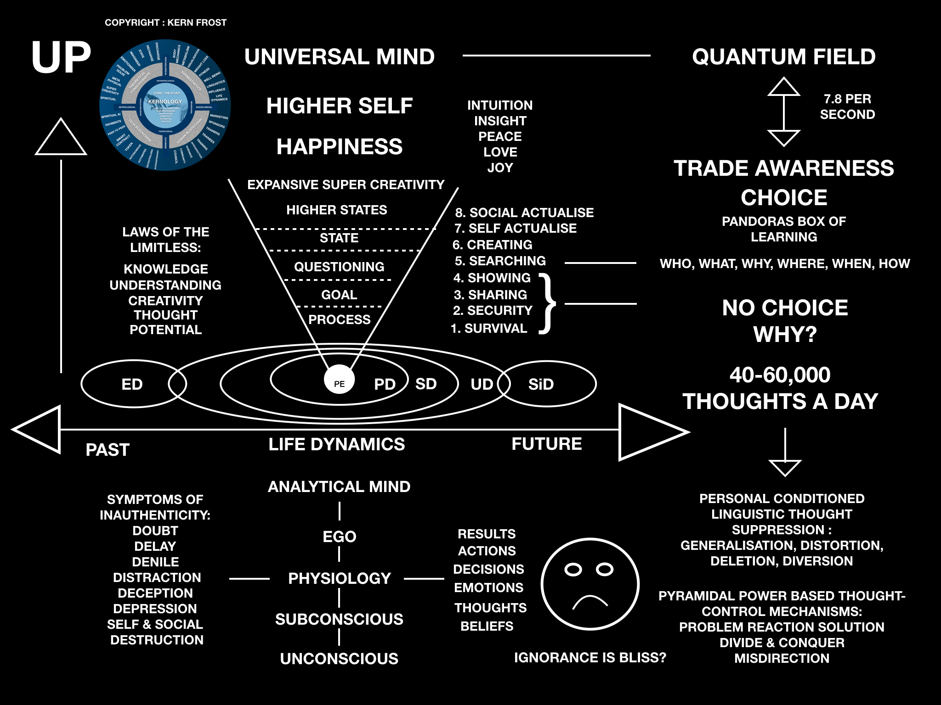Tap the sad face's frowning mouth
(x=590, y=602)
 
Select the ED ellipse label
(x=132, y=384)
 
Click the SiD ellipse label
(x=541, y=384)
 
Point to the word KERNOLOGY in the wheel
(x=165, y=101)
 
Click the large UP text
(x=61, y=57)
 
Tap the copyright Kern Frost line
(x=165, y=22)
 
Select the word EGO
(x=339, y=537)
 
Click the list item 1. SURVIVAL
(x=489, y=328)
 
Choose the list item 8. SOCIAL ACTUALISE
(x=524, y=213)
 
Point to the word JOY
(x=500, y=168)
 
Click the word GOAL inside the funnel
(x=339, y=295)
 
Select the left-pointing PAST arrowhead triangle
(x=38, y=430)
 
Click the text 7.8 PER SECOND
(x=847, y=106)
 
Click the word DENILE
(x=155, y=562)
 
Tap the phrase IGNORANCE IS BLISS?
(x=590, y=657)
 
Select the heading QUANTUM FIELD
(x=784, y=57)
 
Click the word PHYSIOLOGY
(x=339, y=578)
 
